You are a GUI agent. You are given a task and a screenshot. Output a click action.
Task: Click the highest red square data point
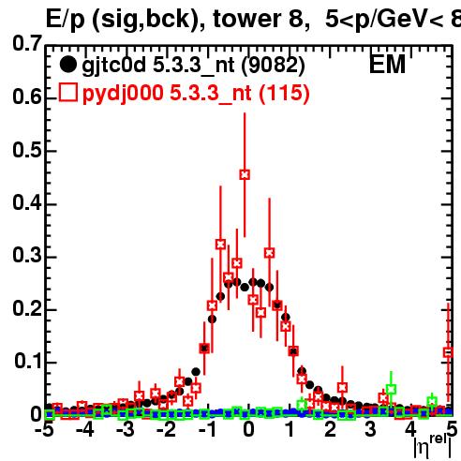coord(245,174)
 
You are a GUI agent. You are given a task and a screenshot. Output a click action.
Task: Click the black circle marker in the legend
coord(67,65)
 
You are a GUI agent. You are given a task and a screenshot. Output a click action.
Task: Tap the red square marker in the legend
coord(67,93)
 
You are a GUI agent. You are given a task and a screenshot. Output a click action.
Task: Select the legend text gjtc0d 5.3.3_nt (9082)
coord(193,66)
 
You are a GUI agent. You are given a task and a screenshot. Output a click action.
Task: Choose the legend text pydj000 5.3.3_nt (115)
coord(196,93)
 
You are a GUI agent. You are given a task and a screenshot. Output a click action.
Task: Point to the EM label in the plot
coord(387,65)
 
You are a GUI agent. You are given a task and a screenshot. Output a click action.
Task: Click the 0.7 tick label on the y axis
coord(27,43)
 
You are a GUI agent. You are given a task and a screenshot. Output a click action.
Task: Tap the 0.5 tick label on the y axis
coord(27,150)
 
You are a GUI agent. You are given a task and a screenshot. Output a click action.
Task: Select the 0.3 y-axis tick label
coord(27,255)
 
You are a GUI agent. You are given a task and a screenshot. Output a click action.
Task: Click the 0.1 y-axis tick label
coord(28,361)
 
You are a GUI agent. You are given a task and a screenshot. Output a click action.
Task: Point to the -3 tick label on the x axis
coord(126,430)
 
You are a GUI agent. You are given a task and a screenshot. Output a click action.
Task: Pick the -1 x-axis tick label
coord(207,430)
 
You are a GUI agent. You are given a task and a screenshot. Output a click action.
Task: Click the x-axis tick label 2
coord(331,430)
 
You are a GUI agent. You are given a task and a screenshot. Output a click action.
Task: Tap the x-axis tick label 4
coord(411,430)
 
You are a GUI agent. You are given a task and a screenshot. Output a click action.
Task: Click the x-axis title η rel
coord(433,447)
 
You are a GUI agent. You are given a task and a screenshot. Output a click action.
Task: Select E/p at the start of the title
coord(65,20)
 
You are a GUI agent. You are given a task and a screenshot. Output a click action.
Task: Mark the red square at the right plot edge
coord(449,352)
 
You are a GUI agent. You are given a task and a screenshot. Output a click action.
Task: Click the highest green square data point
coord(391,389)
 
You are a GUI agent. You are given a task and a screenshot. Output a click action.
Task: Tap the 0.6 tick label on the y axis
coord(27,97)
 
